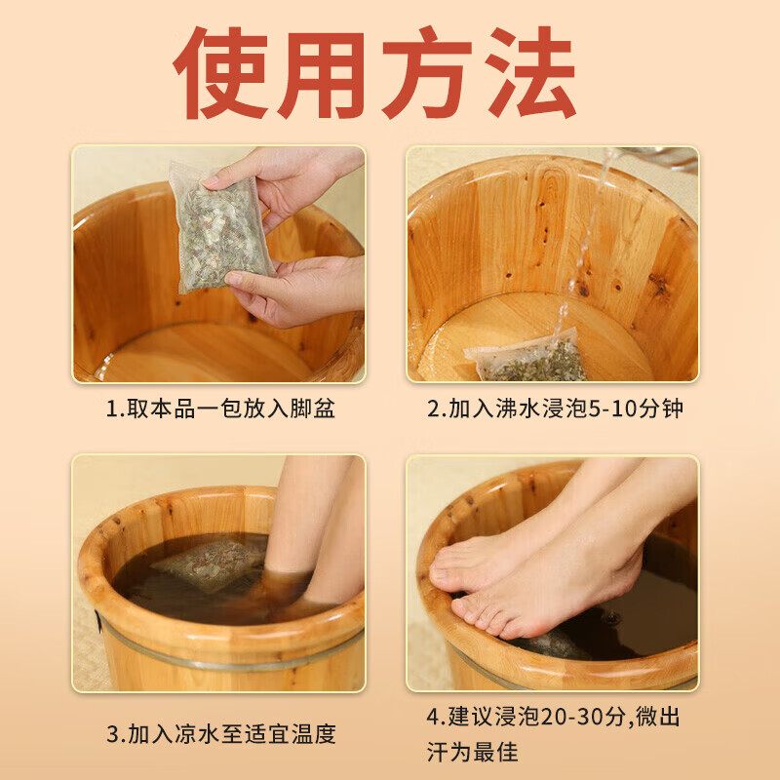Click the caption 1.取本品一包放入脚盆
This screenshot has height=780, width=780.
219,409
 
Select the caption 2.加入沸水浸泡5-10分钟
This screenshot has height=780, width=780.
554,409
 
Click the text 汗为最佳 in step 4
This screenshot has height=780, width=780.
472,752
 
